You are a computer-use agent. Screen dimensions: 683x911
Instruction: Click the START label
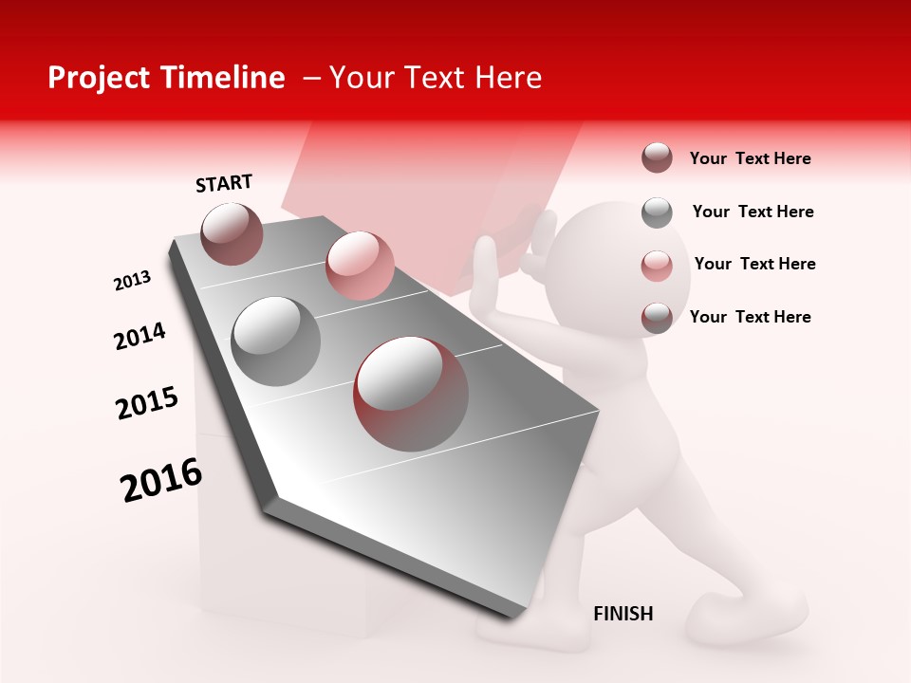(224, 183)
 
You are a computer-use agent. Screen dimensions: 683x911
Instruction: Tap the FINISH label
(623, 614)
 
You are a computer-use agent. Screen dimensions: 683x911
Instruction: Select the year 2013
(132, 281)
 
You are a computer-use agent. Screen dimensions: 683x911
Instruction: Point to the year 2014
(139, 337)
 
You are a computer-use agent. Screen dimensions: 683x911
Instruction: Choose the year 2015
(147, 403)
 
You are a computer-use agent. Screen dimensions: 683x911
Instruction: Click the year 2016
(161, 480)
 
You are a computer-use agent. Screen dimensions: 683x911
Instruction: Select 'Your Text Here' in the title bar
(435, 78)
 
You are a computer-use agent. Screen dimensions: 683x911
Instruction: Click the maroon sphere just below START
(232, 233)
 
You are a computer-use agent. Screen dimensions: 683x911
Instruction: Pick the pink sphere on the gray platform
(360, 266)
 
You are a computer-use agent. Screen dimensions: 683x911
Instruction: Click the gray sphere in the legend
(657, 212)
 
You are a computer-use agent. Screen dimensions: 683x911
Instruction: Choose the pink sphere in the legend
(657, 266)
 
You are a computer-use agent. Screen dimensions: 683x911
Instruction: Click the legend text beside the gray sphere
(753, 212)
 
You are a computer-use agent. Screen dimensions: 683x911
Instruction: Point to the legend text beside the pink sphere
(754, 264)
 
